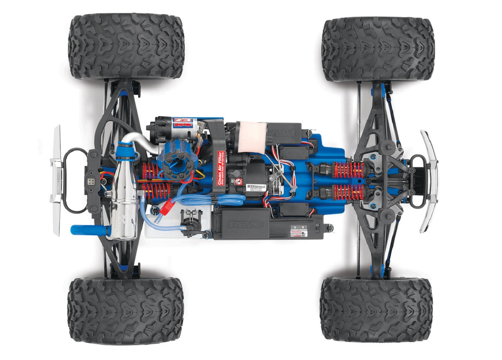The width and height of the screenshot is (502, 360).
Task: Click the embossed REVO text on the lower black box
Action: pos(246,224)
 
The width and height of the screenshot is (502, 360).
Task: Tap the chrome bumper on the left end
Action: pos(56,181)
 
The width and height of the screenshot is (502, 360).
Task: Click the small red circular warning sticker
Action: pos(238,182)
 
